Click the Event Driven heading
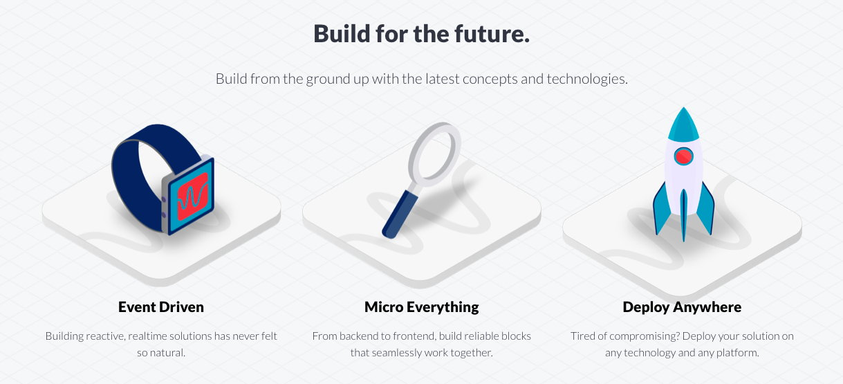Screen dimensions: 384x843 (161, 307)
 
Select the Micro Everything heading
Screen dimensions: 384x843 (421, 307)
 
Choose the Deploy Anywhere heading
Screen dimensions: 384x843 (682, 307)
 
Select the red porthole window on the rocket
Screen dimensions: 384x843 (683, 156)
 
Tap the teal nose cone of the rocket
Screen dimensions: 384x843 (683, 125)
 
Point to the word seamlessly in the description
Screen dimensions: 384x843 (406, 353)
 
